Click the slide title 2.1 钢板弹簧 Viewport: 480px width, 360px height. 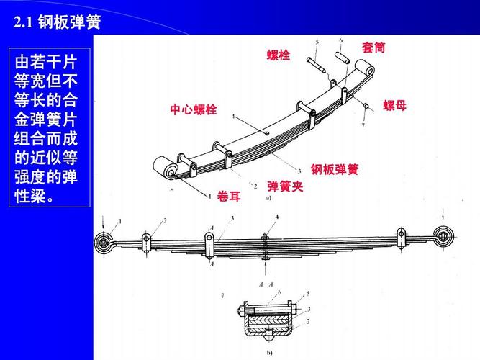[x=57, y=23]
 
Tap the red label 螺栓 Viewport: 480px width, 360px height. [x=278, y=55]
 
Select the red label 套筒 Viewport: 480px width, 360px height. [x=373, y=48]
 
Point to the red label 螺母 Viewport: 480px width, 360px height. [x=394, y=106]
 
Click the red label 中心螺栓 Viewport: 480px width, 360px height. [x=193, y=110]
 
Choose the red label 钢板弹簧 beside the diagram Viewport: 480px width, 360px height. [x=334, y=170]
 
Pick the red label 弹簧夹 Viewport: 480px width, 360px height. [x=285, y=186]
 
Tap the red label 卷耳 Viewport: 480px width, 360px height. [x=229, y=197]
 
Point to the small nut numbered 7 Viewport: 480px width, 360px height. [x=366, y=107]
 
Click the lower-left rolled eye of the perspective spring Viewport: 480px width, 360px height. [x=166, y=170]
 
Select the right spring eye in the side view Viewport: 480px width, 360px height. [x=443, y=235]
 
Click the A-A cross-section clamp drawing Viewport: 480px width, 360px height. [x=267, y=320]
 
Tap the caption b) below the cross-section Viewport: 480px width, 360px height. [x=268, y=353]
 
